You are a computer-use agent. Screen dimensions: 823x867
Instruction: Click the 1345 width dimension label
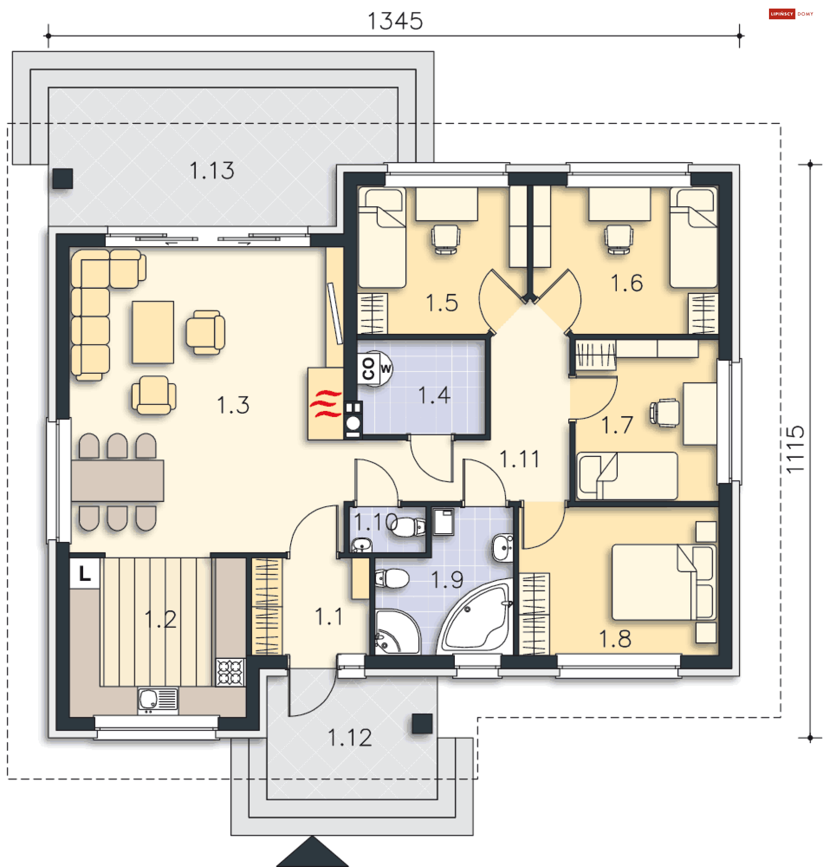(395, 21)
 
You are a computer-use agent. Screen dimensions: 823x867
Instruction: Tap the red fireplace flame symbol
(325, 403)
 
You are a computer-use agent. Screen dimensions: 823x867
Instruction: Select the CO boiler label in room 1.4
(369, 369)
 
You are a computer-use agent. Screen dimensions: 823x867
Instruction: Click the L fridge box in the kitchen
(85, 573)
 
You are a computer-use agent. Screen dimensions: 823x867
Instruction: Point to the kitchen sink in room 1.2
(158, 700)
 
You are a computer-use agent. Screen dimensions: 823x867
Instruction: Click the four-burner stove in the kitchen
(231, 672)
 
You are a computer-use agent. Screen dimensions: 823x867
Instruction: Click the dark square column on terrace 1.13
(63, 178)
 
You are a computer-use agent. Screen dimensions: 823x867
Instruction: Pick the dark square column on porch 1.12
(422, 724)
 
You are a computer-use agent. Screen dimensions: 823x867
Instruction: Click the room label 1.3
(233, 405)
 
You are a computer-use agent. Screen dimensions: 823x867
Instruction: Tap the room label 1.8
(615, 639)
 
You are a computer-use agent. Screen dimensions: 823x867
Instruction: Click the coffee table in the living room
(153, 332)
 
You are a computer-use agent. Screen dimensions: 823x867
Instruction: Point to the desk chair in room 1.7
(665, 413)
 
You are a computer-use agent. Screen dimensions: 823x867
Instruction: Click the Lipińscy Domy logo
(791, 14)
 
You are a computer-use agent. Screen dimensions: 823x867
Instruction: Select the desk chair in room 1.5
(446, 239)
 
